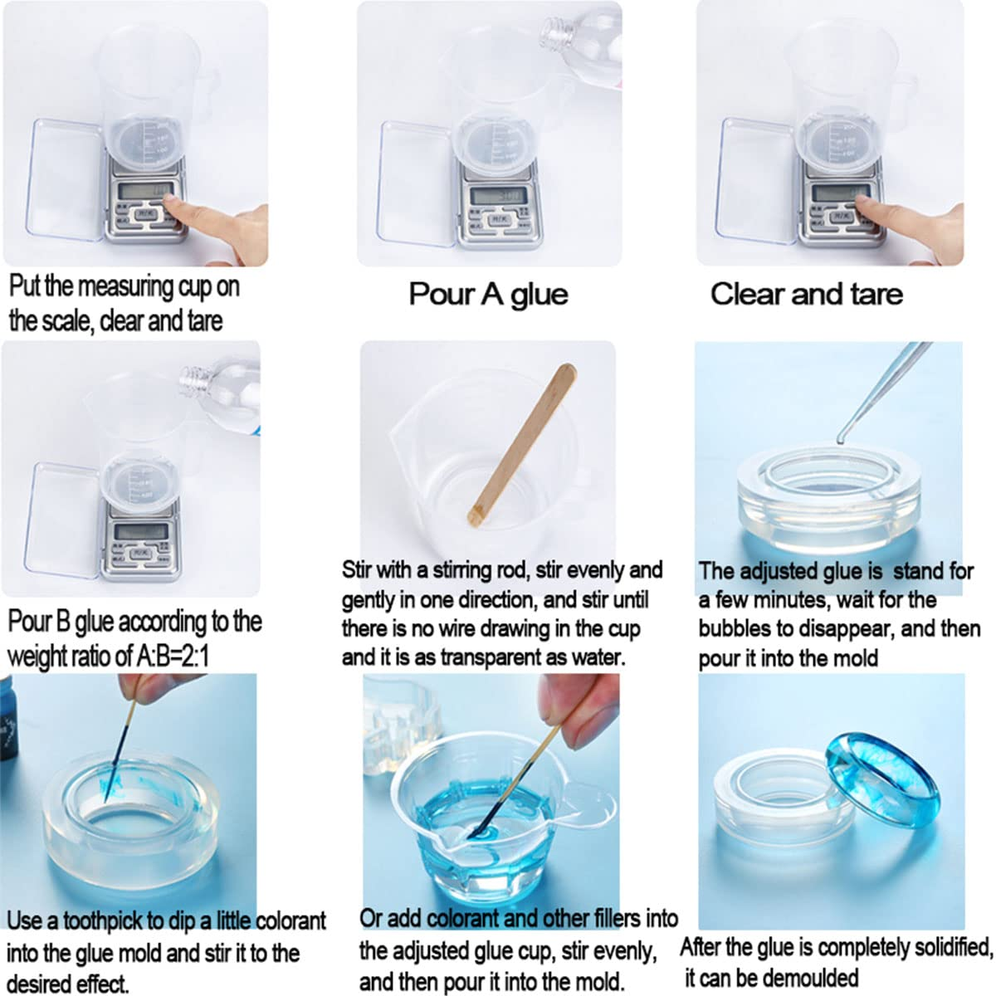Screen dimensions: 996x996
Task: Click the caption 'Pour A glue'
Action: (x=488, y=295)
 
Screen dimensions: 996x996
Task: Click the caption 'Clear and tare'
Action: (x=806, y=295)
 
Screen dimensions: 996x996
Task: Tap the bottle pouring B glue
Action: (x=220, y=390)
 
